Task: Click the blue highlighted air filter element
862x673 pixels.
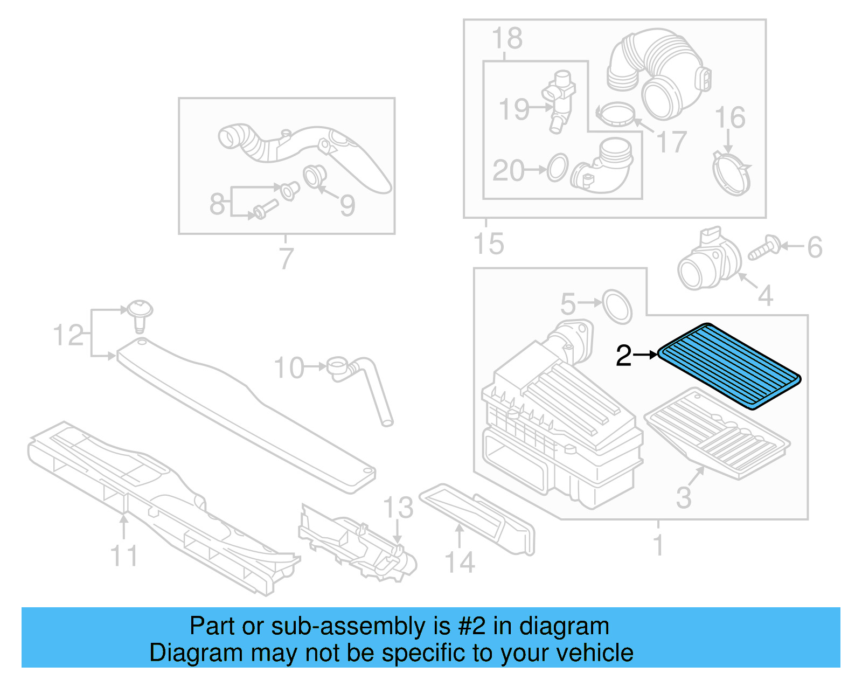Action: coord(729,366)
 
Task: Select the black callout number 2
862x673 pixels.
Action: coord(623,356)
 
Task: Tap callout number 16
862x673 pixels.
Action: coord(730,117)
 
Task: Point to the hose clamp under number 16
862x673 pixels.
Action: coord(731,173)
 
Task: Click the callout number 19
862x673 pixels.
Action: coord(513,109)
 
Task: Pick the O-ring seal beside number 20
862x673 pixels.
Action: coord(558,168)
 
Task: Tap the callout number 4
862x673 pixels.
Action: coord(765,295)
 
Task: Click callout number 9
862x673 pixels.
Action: coord(347,205)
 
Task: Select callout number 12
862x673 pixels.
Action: coord(68,335)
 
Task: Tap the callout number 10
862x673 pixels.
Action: coord(289,368)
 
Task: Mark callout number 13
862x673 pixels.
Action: coord(398,508)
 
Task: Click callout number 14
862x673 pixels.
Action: coord(460,562)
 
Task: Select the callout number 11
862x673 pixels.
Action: coord(124,556)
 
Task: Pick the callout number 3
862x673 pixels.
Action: coord(684,497)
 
